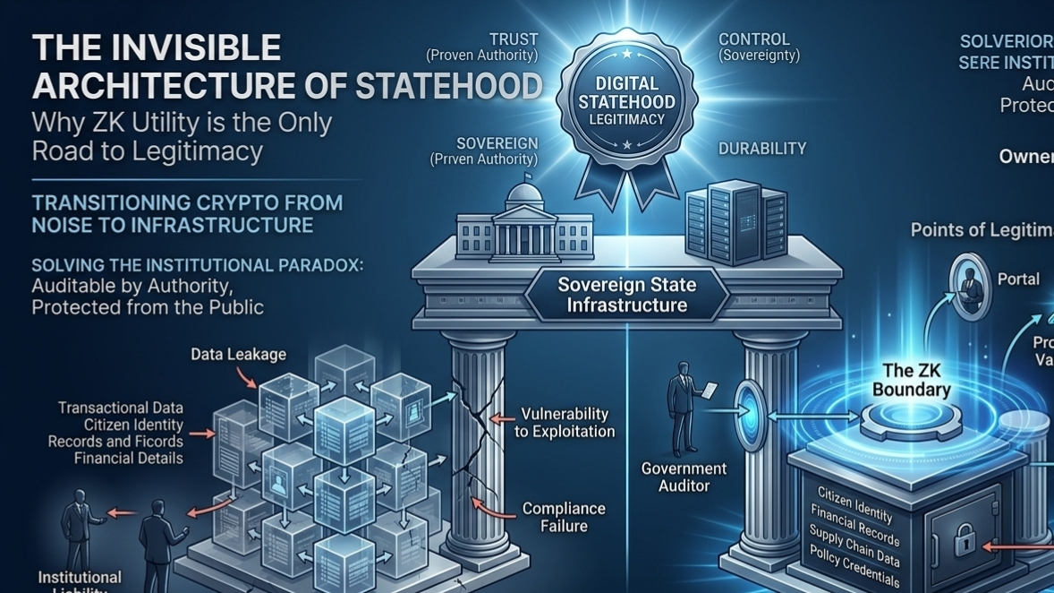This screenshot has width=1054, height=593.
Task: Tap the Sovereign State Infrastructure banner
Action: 626,295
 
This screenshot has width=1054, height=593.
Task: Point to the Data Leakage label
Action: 238,355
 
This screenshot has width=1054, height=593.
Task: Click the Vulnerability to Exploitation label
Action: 565,422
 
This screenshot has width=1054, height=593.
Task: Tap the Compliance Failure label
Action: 564,517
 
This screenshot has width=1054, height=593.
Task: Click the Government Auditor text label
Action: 684,477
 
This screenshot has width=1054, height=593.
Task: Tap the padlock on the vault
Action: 965,541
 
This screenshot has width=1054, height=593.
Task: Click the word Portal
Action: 1018,279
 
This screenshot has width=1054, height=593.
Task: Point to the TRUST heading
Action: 514,39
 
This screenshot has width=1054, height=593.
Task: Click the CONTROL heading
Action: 754,39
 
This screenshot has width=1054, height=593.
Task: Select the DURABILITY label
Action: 762,149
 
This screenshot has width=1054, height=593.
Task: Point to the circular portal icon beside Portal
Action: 968,286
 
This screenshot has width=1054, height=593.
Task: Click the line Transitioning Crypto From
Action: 187,202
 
